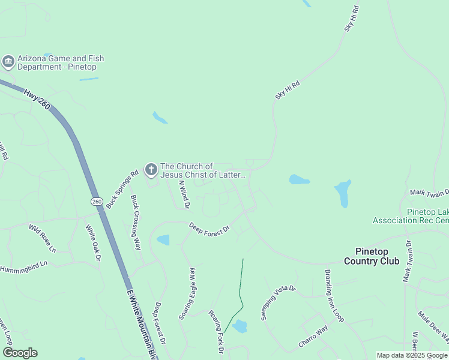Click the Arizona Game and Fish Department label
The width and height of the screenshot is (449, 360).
(60, 62)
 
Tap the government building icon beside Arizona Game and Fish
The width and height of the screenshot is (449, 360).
(8, 62)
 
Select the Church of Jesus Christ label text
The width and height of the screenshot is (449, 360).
(203, 170)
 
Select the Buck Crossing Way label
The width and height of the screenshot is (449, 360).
(136, 222)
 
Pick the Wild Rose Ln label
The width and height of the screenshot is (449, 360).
(42, 238)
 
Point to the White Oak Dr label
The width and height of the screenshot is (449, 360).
(93, 243)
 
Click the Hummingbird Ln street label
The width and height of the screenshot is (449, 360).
(23, 267)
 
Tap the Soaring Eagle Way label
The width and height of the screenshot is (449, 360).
(187, 293)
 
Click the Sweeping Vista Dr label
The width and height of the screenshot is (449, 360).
(279, 303)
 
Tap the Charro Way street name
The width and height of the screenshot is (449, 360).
(313, 337)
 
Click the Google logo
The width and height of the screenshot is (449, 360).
(20, 353)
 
